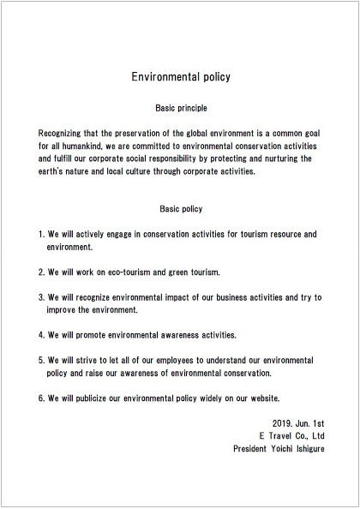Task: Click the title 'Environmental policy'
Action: tap(180, 76)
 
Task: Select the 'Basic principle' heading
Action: tap(180, 109)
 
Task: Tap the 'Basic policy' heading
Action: tap(180, 208)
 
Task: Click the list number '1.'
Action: tap(43, 233)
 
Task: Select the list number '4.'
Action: tap(43, 334)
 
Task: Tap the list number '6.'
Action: tap(43, 398)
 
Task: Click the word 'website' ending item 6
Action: tap(286, 398)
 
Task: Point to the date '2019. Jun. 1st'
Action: tap(297, 423)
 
